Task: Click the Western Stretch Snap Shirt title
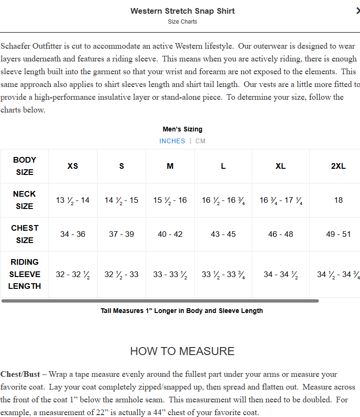(x=183, y=11)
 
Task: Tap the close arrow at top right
(x=357, y=11)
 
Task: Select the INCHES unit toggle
(x=172, y=141)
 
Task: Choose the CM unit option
(x=201, y=141)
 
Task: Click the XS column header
(x=73, y=166)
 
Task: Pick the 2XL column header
(x=338, y=166)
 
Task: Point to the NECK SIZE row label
(x=25, y=200)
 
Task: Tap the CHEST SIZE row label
(x=25, y=234)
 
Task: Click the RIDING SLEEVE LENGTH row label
(x=25, y=274)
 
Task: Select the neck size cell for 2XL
(x=338, y=200)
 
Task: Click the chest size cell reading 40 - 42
(x=170, y=234)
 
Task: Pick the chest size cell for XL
(x=281, y=234)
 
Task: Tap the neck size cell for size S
(x=122, y=200)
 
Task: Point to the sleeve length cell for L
(x=223, y=275)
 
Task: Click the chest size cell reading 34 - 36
(x=73, y=234)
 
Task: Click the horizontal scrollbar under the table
(x=160, y=301)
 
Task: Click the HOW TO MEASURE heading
(x=182, y=351)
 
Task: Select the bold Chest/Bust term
(x=20, y=374)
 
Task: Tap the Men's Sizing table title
(x=182, y=129)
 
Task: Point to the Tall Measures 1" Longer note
(x=182, y=311)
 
